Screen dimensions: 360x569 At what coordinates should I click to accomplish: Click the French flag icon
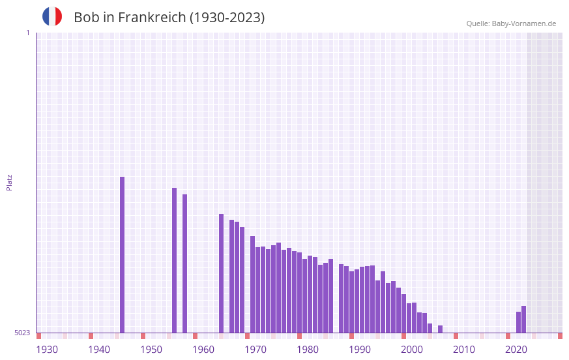coord(52,16)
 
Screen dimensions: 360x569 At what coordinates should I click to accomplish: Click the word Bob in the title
coord(86,18)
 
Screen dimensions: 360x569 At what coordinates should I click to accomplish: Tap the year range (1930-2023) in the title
coord(227,18)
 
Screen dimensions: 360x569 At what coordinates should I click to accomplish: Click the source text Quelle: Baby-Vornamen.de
coord(511,23)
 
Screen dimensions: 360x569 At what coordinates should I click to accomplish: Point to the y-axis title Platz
coord(9,182)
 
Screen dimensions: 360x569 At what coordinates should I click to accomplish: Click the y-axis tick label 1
coord(27,33)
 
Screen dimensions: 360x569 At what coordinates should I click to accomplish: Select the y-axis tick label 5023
coord(22,333)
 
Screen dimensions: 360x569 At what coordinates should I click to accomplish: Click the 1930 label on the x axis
coord(47,350)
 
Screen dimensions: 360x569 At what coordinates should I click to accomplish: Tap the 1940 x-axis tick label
coord(99,350)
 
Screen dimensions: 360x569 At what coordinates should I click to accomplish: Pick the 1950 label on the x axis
coord(151,350)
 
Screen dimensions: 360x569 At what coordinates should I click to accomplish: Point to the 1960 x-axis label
coord(203,350)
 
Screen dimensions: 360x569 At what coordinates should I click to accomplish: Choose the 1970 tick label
coord(255,350)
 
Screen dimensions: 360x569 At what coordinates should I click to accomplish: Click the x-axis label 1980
coord(308,350)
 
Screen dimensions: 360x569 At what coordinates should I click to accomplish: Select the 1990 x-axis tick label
coord(360,350)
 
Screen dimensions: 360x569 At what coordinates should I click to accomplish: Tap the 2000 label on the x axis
coord(412,350)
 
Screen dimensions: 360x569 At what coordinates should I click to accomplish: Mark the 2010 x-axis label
coord(464,350)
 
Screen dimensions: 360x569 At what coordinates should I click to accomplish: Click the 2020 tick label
coord(516,350)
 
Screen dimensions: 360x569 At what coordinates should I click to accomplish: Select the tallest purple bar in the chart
coord(122,254)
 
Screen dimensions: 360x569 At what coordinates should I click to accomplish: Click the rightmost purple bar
coord(523,320)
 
